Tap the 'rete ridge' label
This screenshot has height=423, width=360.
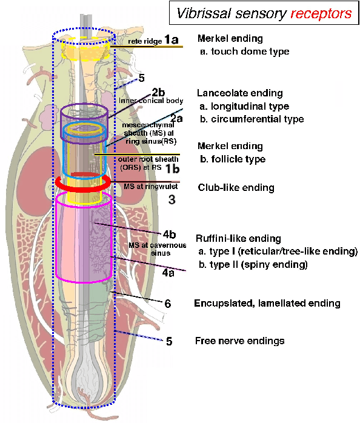click(145, 42)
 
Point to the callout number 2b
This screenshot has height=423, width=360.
click(158, 92)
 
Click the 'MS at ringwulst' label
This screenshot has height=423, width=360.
click(148, 184)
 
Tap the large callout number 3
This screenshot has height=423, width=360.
click(172, 199)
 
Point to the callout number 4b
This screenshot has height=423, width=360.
click(169, 234)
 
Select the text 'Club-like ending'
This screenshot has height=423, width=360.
click(236, 188)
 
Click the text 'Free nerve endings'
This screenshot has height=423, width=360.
click(239, 341)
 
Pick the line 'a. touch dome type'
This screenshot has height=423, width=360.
click(244, 52)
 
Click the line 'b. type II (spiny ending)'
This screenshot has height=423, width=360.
click(252, 265)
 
